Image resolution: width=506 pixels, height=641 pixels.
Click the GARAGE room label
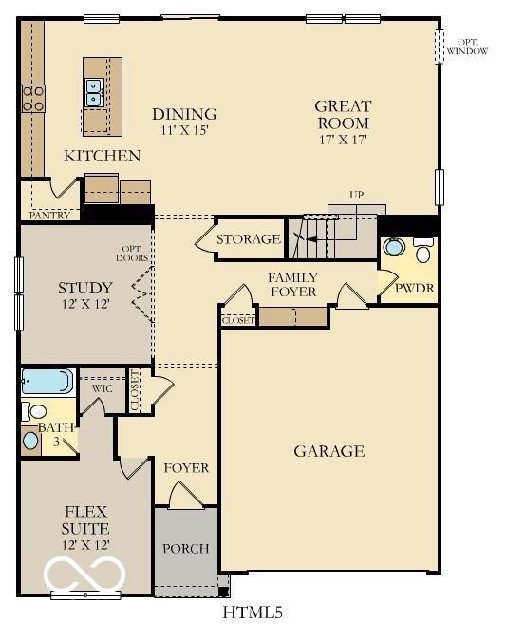[x=328, y=451]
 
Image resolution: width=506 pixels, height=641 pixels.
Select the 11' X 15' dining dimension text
[x=185, y=131]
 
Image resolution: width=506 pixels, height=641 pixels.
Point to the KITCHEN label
[x=102, y=156]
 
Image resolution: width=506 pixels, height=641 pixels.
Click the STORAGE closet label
[x=248, y=239]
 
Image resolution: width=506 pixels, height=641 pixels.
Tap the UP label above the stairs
[x=356, y=195]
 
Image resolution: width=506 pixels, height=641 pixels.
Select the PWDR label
[x=414, y=287]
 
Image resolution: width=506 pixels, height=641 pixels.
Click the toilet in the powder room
[x=423, y=252]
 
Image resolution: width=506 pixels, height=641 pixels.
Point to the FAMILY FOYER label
[x=292, y=285]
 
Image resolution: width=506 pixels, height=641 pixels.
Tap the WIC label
[x=103, y=387]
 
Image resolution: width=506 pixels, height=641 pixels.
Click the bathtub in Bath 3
[x=47, y=382]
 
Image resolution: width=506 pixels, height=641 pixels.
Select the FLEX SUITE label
[x=85, y=520]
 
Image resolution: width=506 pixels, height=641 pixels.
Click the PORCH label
[x=185, y=549]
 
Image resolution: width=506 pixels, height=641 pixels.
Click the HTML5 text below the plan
[x=253, y=613]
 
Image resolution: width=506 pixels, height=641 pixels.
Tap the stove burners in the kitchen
[x=33, y=98]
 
